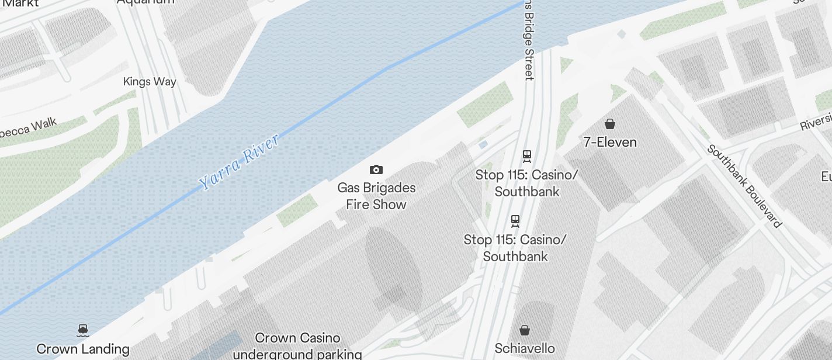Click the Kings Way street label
[x=150, y=82]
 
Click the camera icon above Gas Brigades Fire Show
[x=376, y=170]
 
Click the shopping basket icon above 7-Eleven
[x=610, y=124]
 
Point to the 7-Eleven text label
[x=610, y=142]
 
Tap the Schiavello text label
[x=525, y=349]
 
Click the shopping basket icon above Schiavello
[x=525, y=331]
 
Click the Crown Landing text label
[x=83, y=349]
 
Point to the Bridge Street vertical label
[x=529, y=41]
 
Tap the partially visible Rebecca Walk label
[x=29, y=129]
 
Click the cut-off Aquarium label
[x=145, y=2]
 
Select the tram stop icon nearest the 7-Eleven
[x=527, y=156]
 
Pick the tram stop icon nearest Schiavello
[x=515, y=221]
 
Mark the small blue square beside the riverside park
[x=483, y=144]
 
